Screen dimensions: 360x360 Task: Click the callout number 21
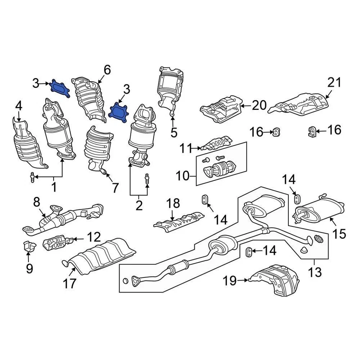click(x=334, y=82)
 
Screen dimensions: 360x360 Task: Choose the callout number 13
click(x=315, y=271)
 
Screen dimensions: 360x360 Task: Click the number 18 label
click(x=173, y=204)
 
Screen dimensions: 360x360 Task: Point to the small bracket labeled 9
click(x=28, y=246)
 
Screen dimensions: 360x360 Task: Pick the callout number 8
click(x=36, y=202)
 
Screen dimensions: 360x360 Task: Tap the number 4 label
click(x=19, y=107)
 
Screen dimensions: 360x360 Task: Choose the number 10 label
click(x=183, y=175)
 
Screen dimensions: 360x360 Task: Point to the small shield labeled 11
click(x=216, y=143)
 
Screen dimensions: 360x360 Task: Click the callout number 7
click(x=114, y=187)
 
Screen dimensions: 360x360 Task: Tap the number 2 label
click(x=139, y=205)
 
